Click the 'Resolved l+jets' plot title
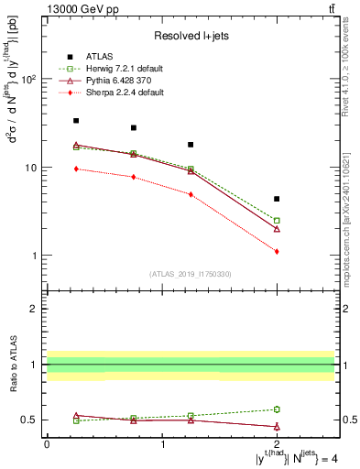[x=191, y=35]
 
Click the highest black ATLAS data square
[x=76, y=120]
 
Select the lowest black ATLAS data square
[x=277, y=199]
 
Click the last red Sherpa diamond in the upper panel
[x=277, y=251]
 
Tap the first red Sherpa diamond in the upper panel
[x=76, y=169]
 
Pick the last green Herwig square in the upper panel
[x=277, y=220]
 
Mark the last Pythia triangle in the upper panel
[x=277, y=228]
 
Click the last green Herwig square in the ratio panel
[x=277, y=409]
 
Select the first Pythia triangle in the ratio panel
[x=76, y=415]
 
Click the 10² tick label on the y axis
[x=29, y=80]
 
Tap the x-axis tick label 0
[x=47, y=443]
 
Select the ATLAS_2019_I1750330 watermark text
[x=191, y=274]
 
